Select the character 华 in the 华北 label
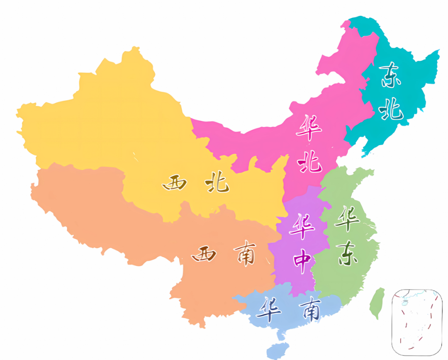pos(309,128)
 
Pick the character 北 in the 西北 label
pos(217,182)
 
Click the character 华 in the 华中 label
pos(302,226)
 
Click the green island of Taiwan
pos(376,303)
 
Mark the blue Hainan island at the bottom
pos(276,350)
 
